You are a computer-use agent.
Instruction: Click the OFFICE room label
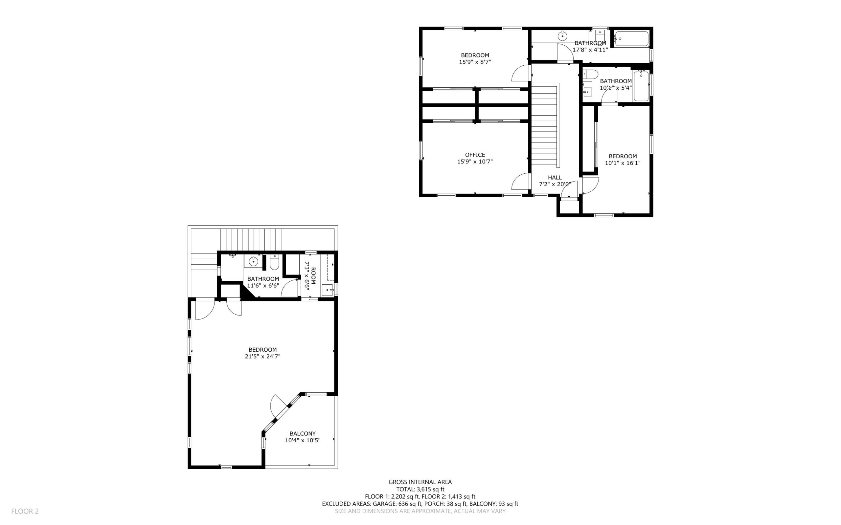pos(475,155)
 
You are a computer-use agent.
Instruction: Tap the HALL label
pos(555,177)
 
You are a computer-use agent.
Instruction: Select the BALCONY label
pos(303,434)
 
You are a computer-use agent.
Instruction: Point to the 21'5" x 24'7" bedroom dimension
pos(262,356)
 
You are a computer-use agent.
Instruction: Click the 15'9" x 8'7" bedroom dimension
pos(475,62)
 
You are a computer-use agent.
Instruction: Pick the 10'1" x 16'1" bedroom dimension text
pos(623,163)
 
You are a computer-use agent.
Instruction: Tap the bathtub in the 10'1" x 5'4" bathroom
pos(641,86)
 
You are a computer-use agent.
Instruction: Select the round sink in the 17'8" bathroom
pos(562,35)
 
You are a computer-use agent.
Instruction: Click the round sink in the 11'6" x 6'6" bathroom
pos(254,261)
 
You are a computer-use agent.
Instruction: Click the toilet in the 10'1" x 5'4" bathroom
pos(591,74)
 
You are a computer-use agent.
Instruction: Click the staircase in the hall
pos(544,125)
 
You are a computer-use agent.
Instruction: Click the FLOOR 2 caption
pos(25,511)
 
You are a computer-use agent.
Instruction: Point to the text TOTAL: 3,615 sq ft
pos(420,489)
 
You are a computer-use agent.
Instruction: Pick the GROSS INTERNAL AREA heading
pos(420,482)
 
